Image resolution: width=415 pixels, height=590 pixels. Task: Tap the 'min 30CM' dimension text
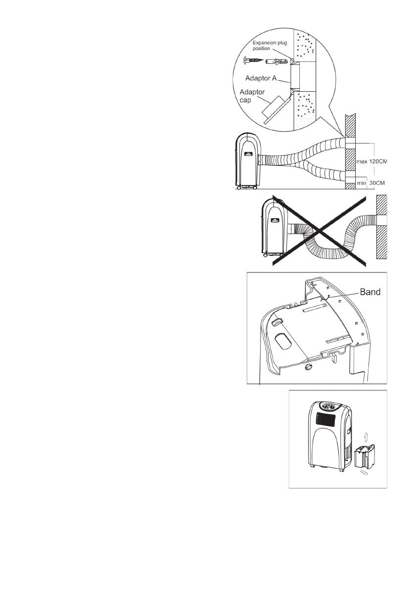click(371, 183)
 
